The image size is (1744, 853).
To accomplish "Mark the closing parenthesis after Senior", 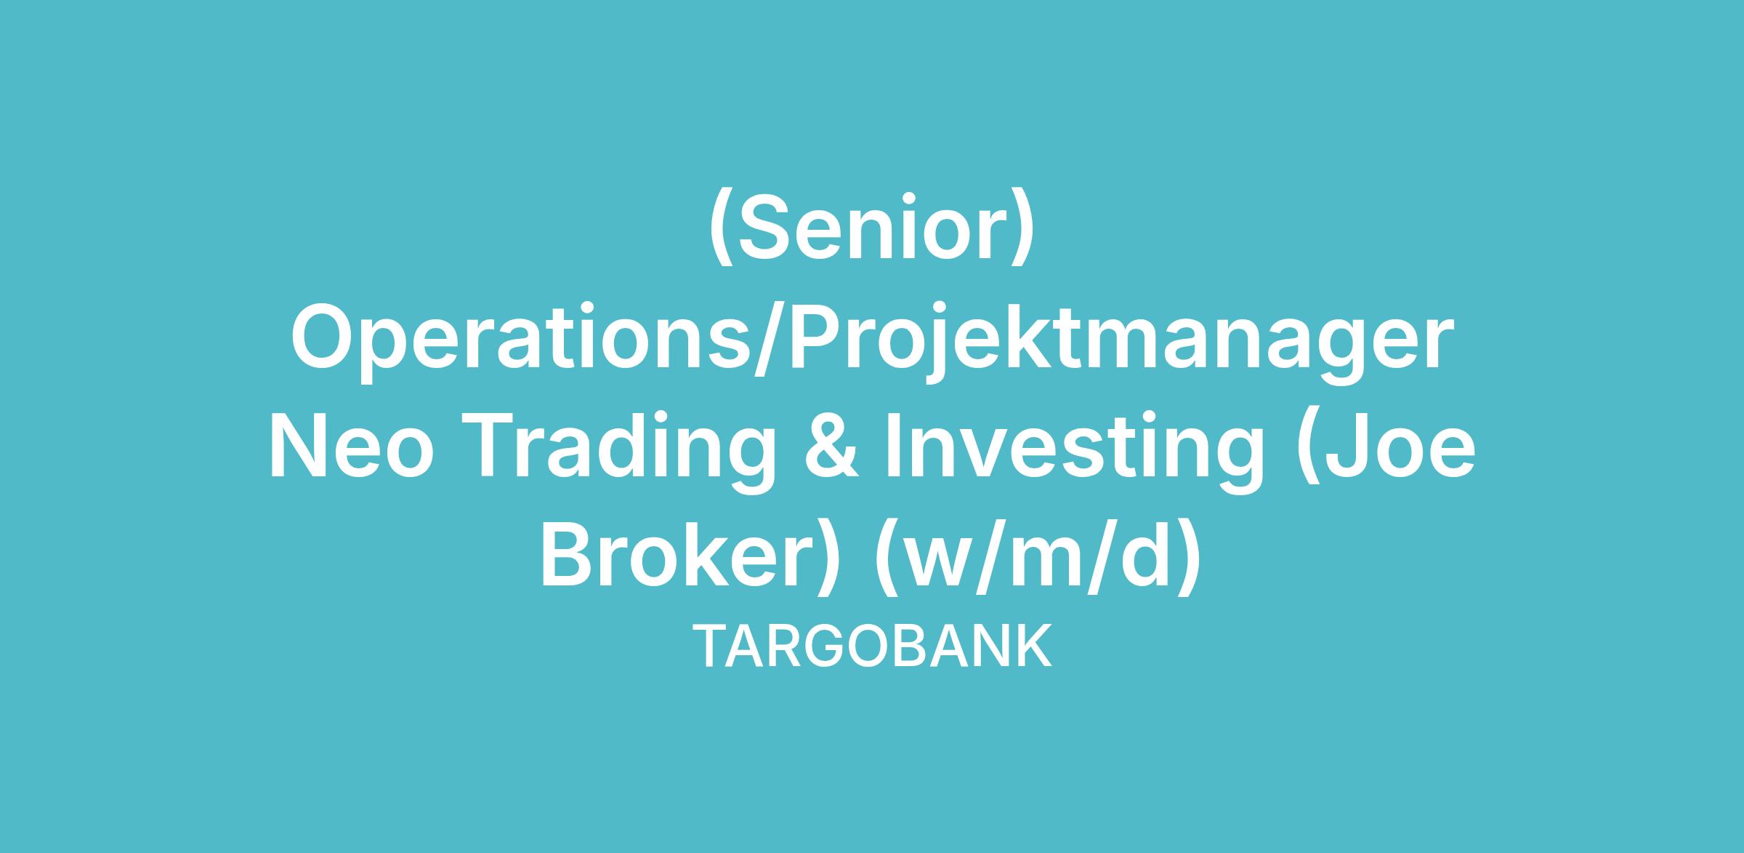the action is (x=1022, y=228).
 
